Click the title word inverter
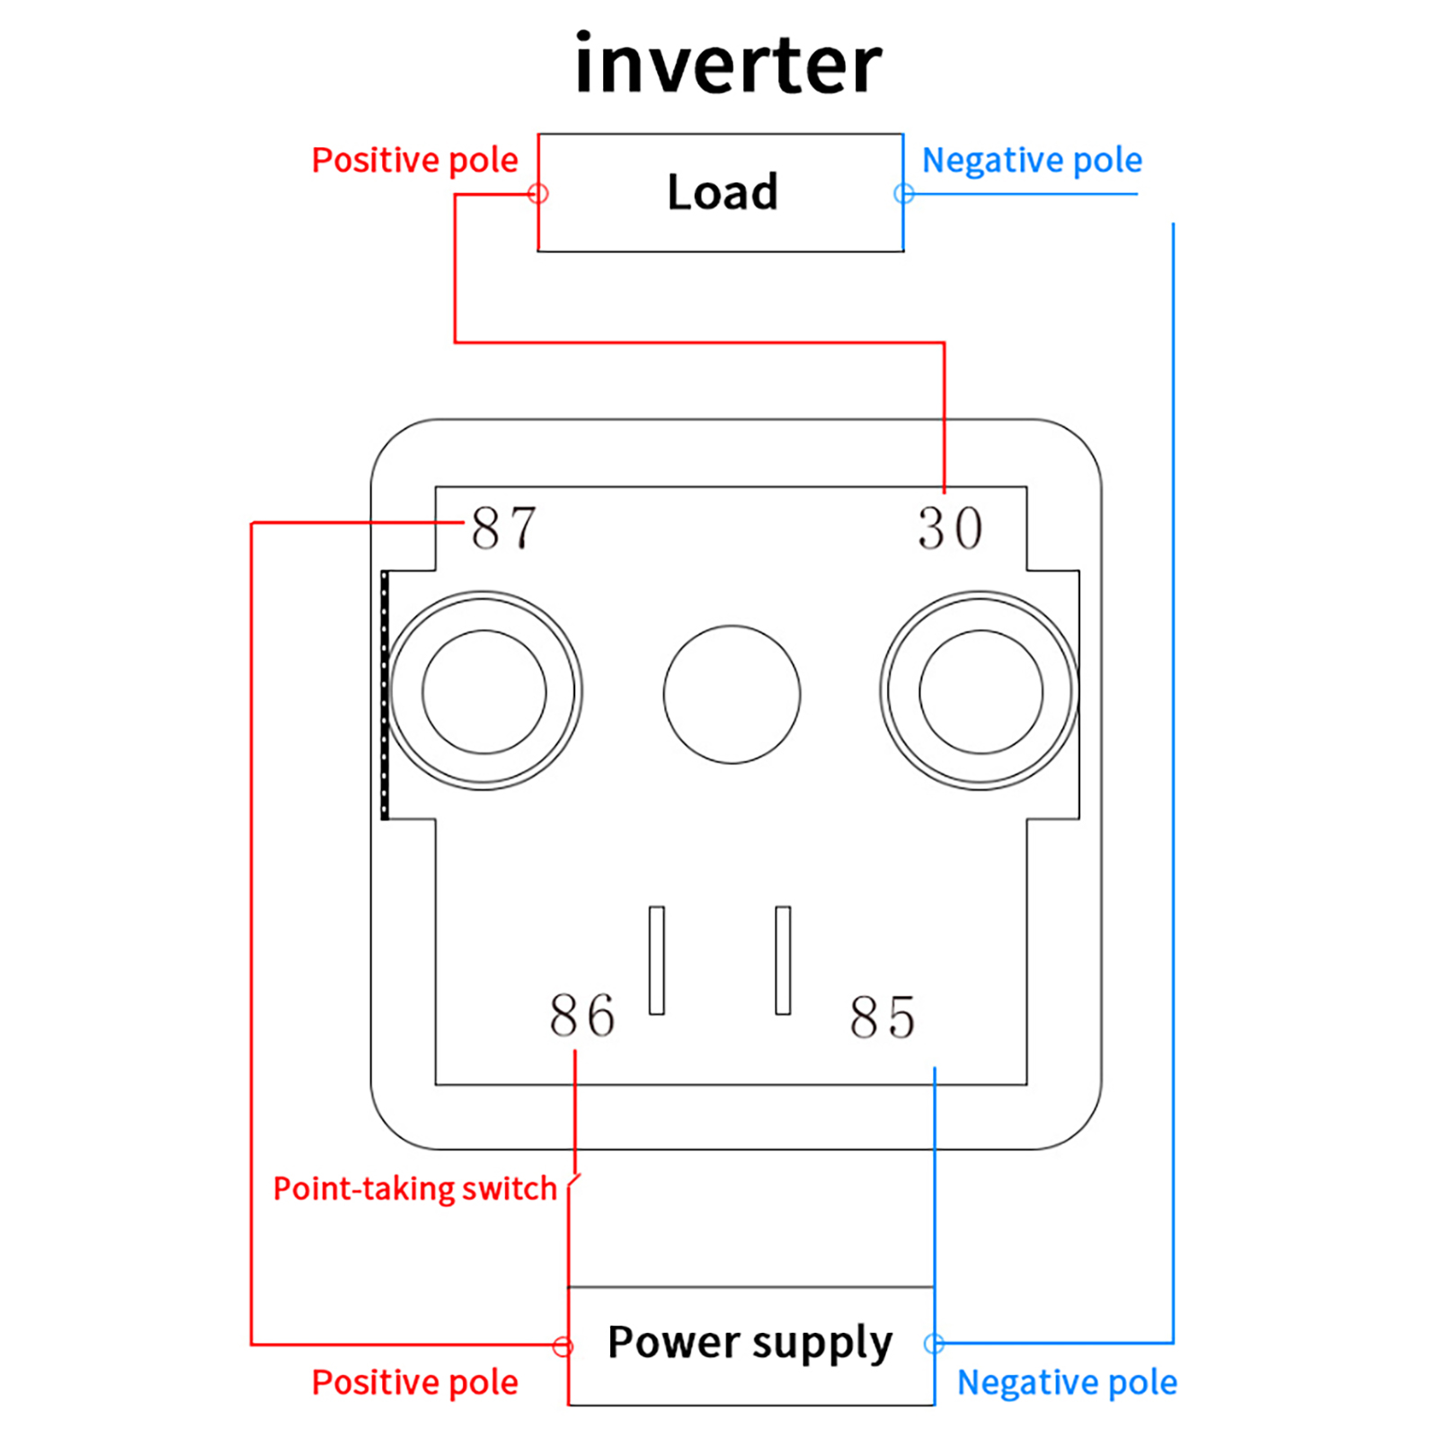(x=728, y=65)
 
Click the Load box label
(x=723, y=192)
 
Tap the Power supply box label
(x=750, y=1343)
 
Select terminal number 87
(x=504, y=528)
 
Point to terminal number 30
(x=950, y=528)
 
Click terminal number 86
(x=582, y=1016)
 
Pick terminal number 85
(x=883, y=1017)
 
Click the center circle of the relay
(x=732, y=694)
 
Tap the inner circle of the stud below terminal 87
(x=484, y=691)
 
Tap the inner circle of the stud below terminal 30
(x=981, y=691)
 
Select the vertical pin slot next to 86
(x=657, y=960)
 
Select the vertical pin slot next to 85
(x=783, y=960)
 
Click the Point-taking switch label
(x=415, y=1189)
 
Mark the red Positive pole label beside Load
(x=414, y=160)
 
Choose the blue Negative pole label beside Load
(x=1032, y=160)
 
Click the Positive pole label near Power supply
(x=414, y=1382)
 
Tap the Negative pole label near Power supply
(x=1067, y=1382)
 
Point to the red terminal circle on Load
(x=538, y=193)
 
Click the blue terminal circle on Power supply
(x=935, y=1344)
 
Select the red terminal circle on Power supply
(x=564, y=1345)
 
